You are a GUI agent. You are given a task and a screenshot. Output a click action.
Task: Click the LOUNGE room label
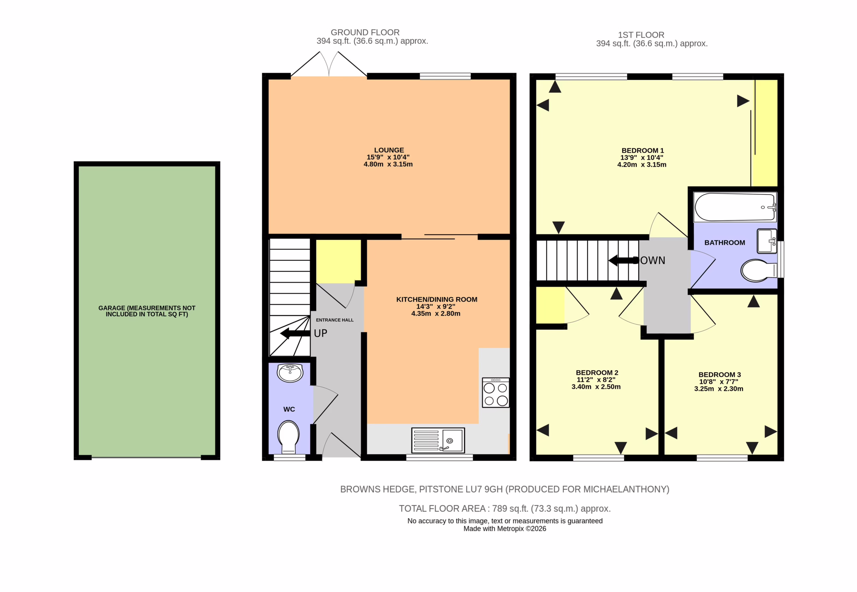[x=389, y=150]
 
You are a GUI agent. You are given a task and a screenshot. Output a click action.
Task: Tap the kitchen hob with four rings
[x=495, y=392]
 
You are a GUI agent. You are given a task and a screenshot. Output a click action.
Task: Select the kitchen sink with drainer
[x=438, y=440]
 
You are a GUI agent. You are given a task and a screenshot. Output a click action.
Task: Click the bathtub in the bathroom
[x=735, y=207]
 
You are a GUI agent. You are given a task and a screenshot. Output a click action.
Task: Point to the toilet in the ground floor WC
[x=289, y=437]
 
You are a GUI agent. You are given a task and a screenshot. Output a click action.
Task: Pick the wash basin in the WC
[x=290, y=372]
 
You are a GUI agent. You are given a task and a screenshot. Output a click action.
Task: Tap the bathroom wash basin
[x=767, y=241]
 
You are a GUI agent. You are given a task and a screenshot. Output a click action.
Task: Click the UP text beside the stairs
[x=320, y=333]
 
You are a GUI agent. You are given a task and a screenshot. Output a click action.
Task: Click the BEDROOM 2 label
[x=597, y=372]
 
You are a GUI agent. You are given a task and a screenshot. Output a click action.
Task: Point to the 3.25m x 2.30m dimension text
[x=719, y=389]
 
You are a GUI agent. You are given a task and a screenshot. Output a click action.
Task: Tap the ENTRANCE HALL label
[x=334, y=320]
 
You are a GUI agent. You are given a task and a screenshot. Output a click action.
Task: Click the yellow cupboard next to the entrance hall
[x=338, y=261]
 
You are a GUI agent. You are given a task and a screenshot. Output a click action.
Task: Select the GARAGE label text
[x=147, y=311]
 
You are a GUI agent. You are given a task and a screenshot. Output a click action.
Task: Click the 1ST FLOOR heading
[x=641, y=35]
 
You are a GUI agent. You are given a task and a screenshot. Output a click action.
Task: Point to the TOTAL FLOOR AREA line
[x=505, y=509]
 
